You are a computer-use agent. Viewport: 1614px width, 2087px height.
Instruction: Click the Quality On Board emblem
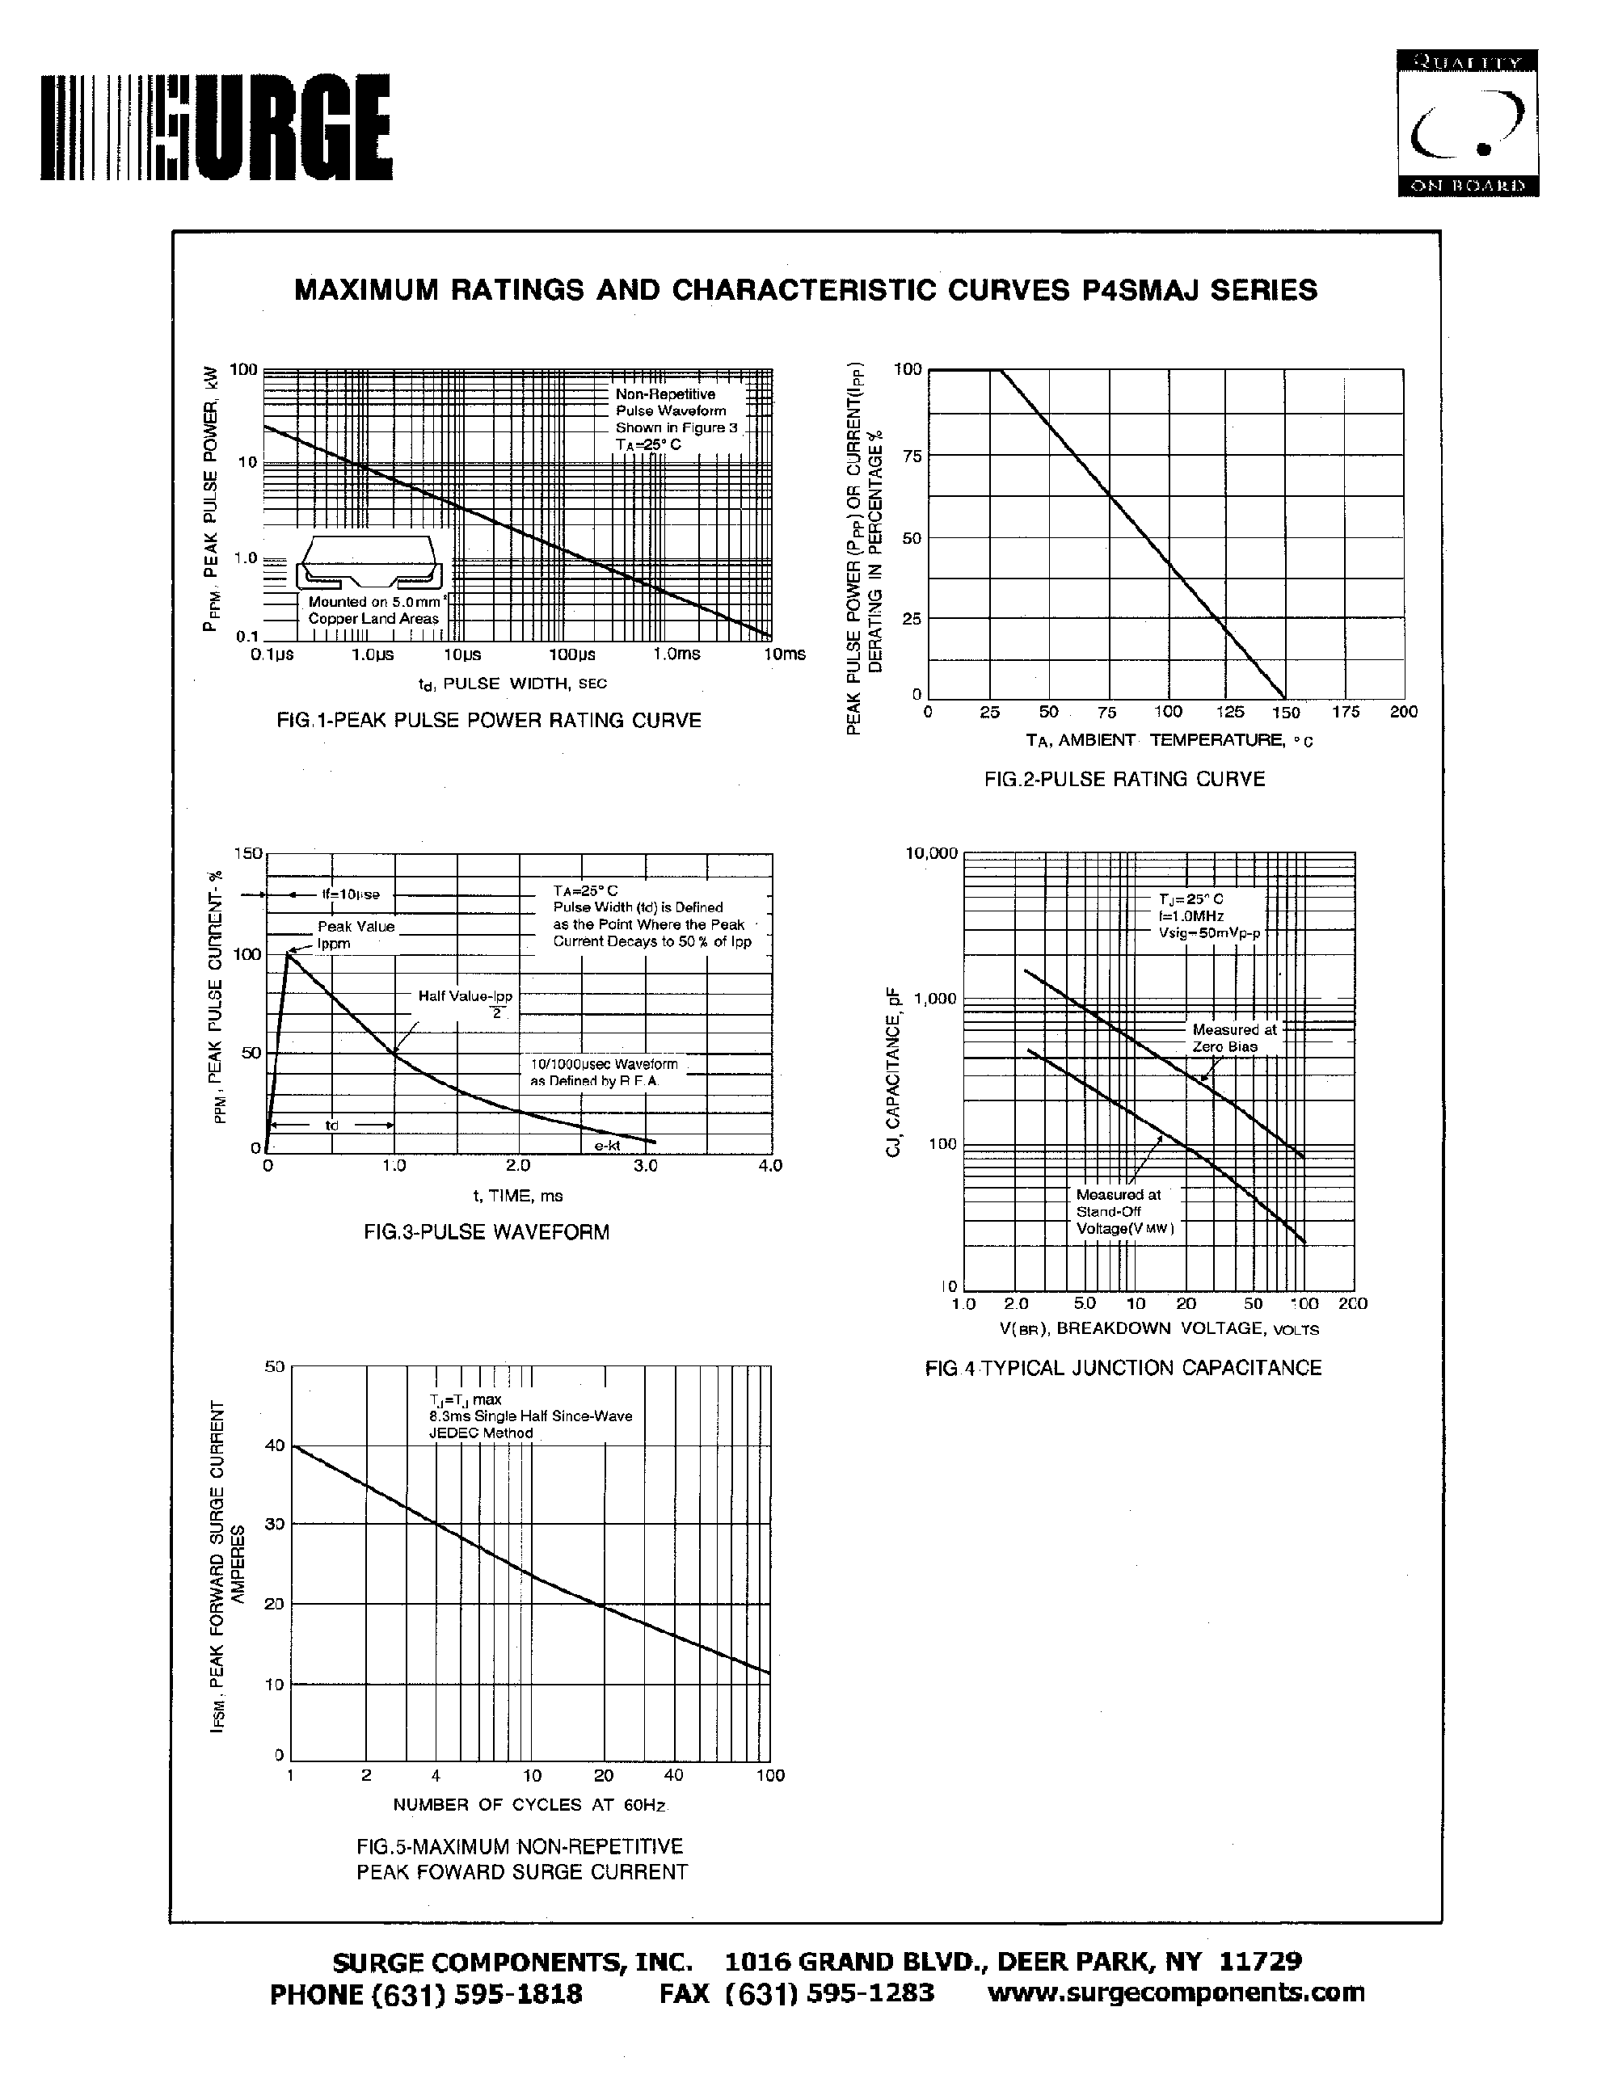point(1467,124)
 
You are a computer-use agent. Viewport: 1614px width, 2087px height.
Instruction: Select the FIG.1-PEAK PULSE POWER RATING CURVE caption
point(488,721)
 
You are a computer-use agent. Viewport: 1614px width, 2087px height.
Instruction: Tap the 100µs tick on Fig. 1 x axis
point(571,654)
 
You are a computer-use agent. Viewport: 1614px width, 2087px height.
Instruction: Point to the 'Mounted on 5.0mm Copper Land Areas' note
point(373,611)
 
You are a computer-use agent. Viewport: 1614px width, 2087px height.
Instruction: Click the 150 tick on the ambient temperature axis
point(1285,712)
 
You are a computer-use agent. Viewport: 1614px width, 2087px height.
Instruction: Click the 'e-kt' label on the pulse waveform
point(607,1146)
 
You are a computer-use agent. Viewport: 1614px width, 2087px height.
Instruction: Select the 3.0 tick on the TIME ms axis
point(646,1166)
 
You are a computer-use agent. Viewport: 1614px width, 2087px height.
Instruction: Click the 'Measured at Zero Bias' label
point(1233,1037)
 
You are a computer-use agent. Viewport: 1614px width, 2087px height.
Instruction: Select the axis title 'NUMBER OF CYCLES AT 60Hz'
point(530,1805)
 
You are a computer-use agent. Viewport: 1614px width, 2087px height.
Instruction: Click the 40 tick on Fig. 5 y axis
point(274,1445)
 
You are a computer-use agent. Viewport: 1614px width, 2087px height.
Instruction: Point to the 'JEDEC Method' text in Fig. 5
point(481,1433)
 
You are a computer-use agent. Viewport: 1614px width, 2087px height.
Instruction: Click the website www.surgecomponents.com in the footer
point(1175,1992)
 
